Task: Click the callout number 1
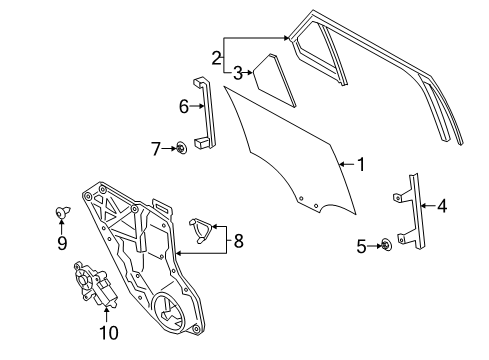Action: (361, 162)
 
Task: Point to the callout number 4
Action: (441, 207)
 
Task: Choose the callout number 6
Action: (183, 106)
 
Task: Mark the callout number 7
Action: (156, 149)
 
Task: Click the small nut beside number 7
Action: (181, 149)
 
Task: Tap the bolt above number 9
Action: (61, 212)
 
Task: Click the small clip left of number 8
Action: (202, 229)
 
